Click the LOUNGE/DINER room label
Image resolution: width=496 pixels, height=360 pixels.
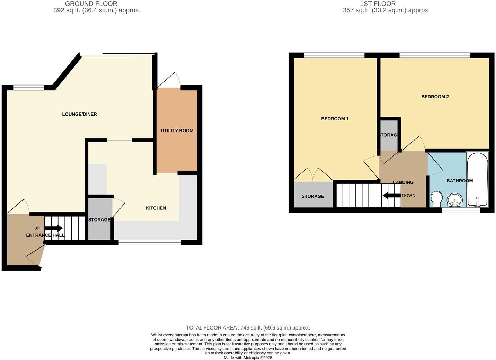click(79, 114)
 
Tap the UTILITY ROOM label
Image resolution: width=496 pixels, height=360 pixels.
click(177, 130)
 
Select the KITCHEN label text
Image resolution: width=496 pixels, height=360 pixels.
click(156, 208)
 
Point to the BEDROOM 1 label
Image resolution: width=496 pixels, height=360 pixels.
click(335, 119)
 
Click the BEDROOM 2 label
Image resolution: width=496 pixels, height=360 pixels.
click(435, 97)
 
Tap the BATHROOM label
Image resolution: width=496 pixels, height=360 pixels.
click(460, 181)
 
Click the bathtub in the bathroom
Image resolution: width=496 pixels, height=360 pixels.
click(477, 179)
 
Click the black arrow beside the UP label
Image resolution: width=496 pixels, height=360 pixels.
click(54, 228)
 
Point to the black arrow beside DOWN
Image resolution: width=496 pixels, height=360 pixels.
click(392, 196)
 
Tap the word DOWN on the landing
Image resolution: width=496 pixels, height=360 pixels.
click(408, 196)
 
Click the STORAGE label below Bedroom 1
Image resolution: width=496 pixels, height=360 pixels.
click(313, 196)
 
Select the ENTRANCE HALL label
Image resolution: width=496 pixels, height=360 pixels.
click(45, 235)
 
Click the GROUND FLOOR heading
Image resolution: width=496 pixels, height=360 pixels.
click(91, 4)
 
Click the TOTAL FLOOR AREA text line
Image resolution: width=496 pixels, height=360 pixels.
click(248, 328)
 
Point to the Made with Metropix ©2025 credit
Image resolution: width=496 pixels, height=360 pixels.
click(248, 357)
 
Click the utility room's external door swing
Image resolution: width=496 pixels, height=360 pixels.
click(169, 80)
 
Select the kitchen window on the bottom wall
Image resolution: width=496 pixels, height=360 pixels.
click(150, 243)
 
